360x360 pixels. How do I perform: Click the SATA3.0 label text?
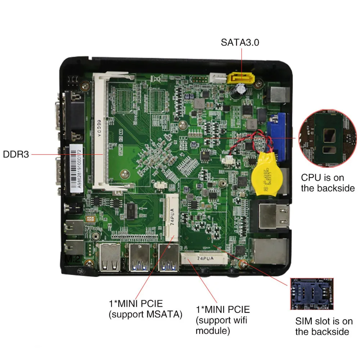240,42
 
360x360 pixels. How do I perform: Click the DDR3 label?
15,154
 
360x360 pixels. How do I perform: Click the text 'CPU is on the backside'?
328,183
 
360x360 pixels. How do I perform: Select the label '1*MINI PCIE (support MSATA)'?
145,309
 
